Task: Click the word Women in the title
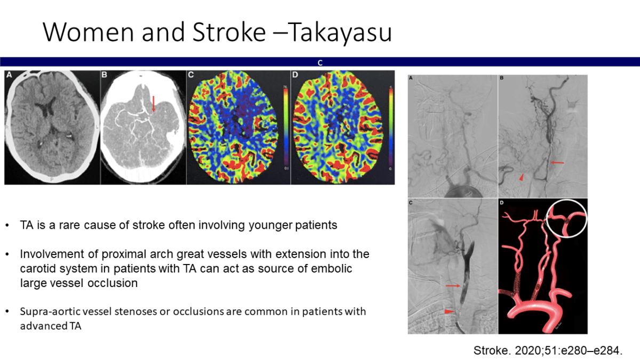tap(89, 32)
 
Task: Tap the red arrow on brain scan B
tap(154, 103)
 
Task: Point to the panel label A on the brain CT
tap(9, 75)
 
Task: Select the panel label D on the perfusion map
tap(295, 75)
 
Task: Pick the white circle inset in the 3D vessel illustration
tap(566, 219)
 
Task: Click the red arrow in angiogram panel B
tap(557, 163)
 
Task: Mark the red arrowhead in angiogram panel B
tap(522, 177)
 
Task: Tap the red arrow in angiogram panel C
tap(453, 285)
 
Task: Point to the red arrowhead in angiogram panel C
tap(449, 311)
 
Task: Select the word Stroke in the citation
tap(490, 350)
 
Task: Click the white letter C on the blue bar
tap(320, 63)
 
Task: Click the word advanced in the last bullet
tap(43, 326)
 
